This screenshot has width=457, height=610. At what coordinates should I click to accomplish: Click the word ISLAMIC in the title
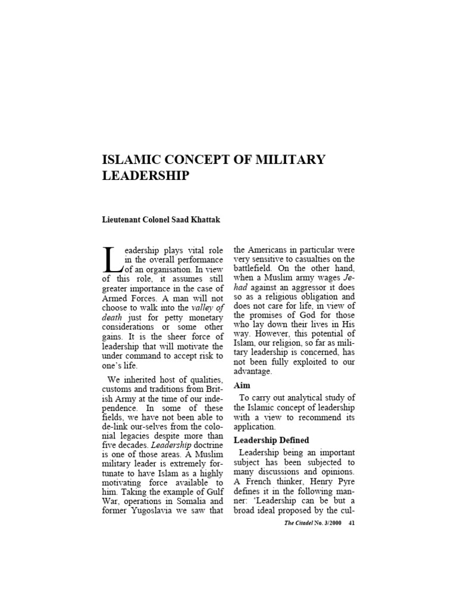click(x=132, y=160)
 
